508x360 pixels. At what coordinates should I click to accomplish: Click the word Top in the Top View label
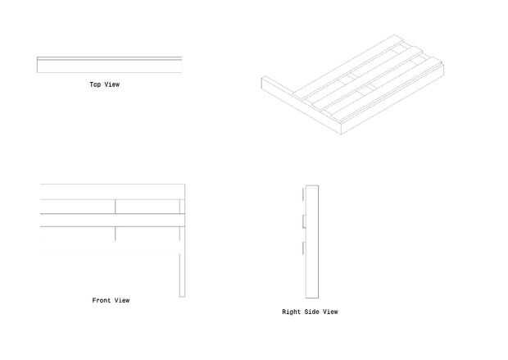pos(95,84)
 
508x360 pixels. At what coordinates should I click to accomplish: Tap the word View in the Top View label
pos(111,84)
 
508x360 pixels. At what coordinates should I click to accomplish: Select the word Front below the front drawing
pos(101,301)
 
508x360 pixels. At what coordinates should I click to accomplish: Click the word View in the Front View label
pos(121,301)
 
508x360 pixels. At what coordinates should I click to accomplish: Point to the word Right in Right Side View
pos(292,312)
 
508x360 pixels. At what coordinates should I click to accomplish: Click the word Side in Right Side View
pos(311,312)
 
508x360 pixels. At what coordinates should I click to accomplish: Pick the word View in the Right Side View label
pos(329,312)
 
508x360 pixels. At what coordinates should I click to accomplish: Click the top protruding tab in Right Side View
pos(304,194)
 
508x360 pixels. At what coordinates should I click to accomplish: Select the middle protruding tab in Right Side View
pos(304,221)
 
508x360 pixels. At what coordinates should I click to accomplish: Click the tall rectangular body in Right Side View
pos(311,241)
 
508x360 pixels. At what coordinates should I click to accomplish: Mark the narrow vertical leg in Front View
pos(183,274)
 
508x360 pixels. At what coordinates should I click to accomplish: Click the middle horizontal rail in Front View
pos(111,220)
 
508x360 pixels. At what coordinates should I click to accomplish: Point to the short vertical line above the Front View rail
pos(116,206)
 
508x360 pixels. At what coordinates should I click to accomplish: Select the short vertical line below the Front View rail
pos(116,234)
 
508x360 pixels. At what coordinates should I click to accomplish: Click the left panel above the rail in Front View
pos(78,206)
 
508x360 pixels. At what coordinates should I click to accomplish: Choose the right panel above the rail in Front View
pos(147,206)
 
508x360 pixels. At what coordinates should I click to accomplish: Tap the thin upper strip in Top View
pos(109,59)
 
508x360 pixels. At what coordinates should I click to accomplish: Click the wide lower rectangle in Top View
pos(109,66)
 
